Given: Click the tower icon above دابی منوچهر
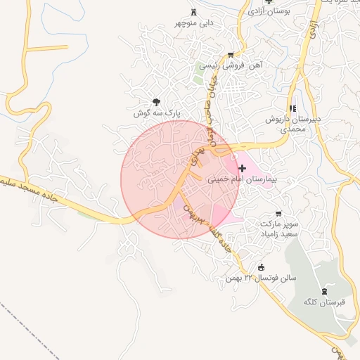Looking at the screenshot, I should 195,12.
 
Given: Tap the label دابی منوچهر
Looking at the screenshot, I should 195,23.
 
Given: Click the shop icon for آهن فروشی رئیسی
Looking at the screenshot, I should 231,54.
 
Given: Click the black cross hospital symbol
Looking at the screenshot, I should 243,167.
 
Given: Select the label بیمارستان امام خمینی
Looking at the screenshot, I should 243,179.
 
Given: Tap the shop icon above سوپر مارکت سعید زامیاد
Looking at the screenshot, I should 278,213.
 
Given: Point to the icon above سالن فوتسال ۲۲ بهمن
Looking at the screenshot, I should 262,266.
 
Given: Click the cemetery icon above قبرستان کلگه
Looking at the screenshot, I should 324,290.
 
